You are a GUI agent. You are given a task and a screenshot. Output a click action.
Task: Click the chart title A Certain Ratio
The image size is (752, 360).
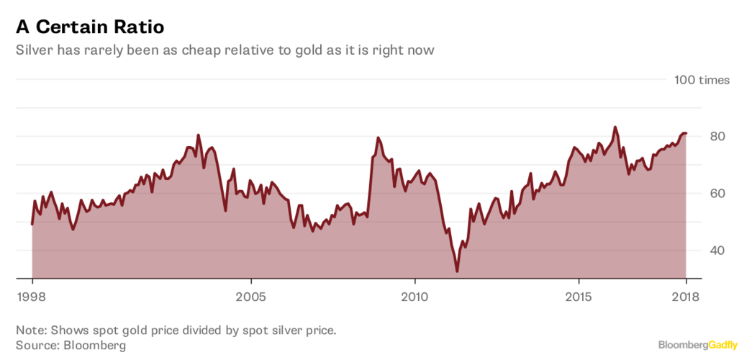coord(90,27)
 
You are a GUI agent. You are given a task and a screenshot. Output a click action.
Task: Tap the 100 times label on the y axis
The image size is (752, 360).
coord(702,80)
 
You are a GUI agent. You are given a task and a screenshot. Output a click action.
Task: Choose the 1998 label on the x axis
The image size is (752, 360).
coord(32,296)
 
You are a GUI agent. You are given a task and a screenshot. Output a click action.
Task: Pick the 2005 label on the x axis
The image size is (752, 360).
coord(251,296)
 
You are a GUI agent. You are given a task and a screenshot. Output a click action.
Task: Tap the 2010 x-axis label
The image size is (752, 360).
coord(415,296)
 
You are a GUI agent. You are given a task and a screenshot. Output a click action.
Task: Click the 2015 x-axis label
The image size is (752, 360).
coord(579,296)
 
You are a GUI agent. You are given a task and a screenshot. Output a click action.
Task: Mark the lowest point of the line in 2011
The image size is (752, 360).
coord(457,271)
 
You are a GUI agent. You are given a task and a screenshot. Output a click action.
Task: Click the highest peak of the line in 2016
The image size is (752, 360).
coord(615,127)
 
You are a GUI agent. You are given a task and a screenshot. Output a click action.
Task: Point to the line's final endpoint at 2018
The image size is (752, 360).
coord(686,133)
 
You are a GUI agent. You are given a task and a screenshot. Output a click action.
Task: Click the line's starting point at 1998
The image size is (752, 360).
coord(32,223)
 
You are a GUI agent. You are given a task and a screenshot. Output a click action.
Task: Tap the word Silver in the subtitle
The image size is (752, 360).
coord(34,51)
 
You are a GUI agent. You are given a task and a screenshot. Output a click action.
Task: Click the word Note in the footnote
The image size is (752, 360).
coord(30,330)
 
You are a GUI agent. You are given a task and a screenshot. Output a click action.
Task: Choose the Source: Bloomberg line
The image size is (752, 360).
coord(71,345)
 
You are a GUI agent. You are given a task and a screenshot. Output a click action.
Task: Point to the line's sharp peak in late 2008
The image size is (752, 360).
coord(378,138)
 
